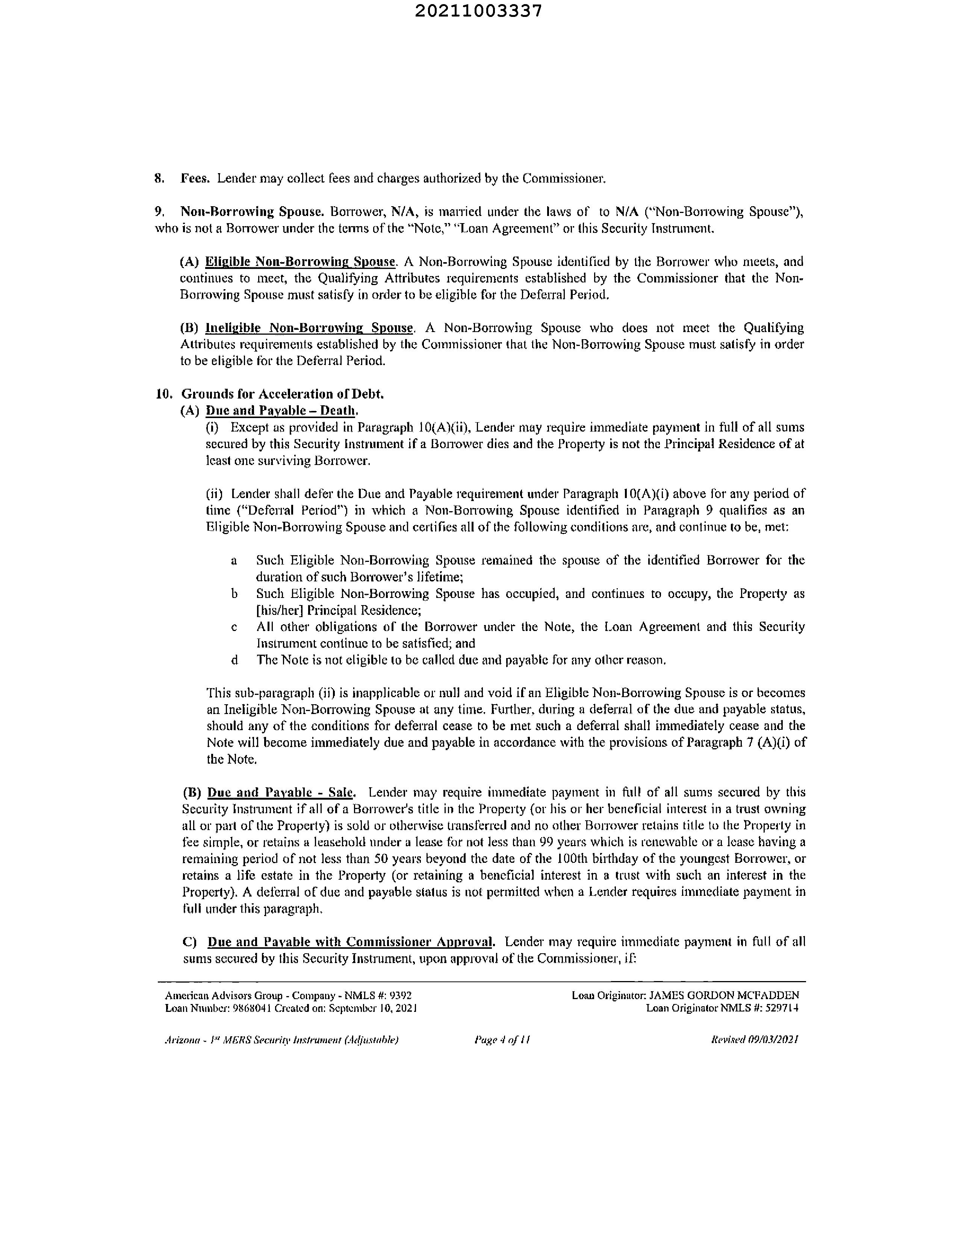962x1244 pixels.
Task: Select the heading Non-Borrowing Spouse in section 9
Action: point(252,212)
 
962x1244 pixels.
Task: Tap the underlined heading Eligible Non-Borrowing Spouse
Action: point(300,262)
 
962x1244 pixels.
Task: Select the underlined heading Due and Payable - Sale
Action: point(281,792)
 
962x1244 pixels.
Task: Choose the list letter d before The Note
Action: point(234,660)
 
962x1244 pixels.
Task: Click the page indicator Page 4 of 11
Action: point(502,1040)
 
